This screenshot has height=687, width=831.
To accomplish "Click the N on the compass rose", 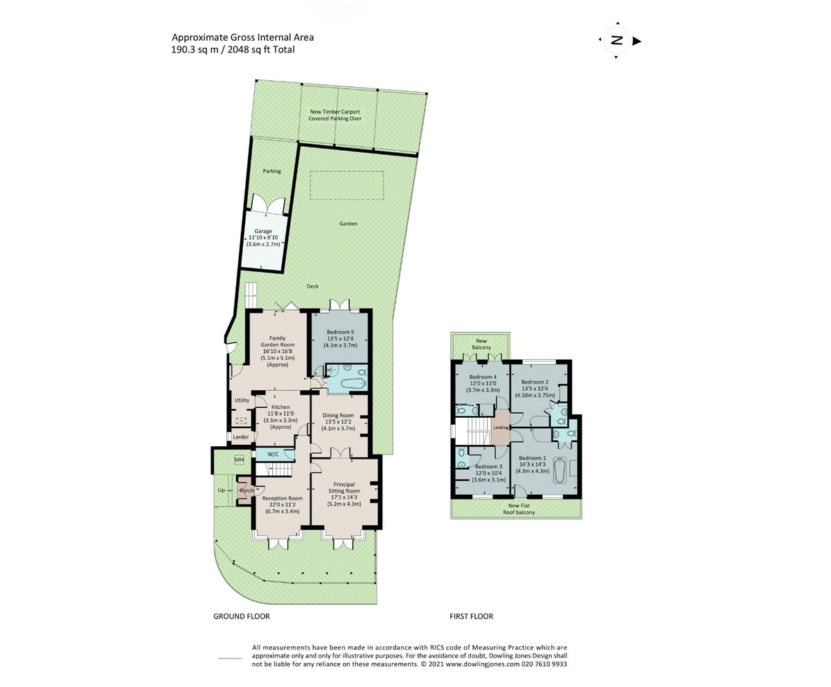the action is [x=617, y=41].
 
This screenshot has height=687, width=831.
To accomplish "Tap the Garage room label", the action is [x=263, y=231].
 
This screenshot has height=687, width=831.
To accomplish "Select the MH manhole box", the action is [x=239, y=460].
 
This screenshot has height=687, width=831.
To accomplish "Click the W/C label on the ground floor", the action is [x=273, y=454].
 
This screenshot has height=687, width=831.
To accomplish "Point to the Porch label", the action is [x=247, y=491].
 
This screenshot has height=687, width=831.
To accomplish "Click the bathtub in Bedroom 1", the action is [x=560, y=470].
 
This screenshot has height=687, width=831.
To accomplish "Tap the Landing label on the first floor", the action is [x=501, y=428].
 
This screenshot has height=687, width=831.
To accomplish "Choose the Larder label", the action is [x=241, y=437].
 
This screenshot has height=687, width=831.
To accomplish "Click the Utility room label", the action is [x=242, y=401].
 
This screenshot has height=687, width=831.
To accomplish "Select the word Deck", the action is [x=312, y=286].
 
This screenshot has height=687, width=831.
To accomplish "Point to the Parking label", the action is [x=272, y=172].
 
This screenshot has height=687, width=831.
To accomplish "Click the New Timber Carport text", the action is [x=334, y=111].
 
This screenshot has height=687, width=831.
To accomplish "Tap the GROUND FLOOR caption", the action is [x=242, y=616].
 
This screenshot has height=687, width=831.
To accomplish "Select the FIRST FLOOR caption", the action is [x=471, y=616].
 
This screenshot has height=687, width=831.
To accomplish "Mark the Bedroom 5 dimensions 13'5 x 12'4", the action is [x=340, y=339].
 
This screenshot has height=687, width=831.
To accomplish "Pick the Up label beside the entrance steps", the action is [x=222, y=491].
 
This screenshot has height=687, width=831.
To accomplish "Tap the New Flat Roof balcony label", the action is [x=519, y=509].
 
